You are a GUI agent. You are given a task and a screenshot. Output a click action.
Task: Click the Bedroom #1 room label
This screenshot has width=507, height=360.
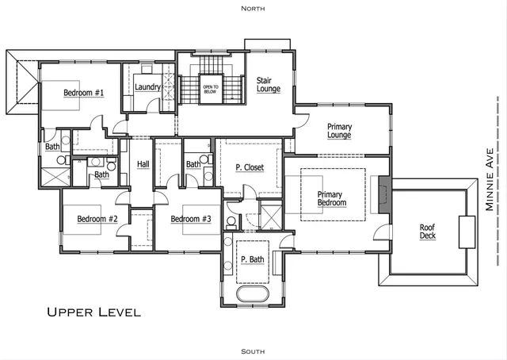pyautogui.click(x=83, y=92)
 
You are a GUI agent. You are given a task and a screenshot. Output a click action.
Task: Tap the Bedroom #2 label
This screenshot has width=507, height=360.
pyautogui.click(x=97, y=219)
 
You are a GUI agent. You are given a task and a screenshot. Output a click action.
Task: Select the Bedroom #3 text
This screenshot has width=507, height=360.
pyautogui.click(x=191, y=219)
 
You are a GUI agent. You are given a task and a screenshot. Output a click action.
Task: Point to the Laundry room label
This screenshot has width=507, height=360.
pyautogui.click(x=147, y=86)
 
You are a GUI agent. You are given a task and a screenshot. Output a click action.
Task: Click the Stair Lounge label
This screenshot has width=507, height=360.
pyautogui.click(x=269, y=84)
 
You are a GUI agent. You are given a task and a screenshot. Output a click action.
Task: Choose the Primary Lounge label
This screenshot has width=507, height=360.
pyautogui.click(x=339, y=131)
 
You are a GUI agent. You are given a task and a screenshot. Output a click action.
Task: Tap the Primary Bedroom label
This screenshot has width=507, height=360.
pyautogui.click(x=332, y=198)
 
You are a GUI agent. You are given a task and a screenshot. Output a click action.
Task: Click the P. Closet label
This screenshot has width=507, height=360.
pyautogui.click(x=250, y=167)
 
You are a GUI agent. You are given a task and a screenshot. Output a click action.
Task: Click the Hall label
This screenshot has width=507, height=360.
pyautogui.click(x=143, y=164)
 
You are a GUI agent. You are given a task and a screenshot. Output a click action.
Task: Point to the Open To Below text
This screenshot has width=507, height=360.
pyautogui.click(x=211, y=89)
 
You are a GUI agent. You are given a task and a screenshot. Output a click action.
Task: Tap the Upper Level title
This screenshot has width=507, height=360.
pyautogui.click(x=93, y=312)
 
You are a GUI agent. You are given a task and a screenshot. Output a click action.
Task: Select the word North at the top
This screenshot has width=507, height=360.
pyautogui.click(x=253, y=7)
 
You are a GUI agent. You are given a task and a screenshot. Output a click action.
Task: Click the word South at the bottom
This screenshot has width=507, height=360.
pyautogui.click(x=253, y=350)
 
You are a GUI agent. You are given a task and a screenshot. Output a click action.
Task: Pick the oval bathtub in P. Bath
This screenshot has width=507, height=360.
pyautogui.click(x=253, y=296)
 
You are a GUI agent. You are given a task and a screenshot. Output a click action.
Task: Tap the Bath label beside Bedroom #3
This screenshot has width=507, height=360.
pyautogui.click(x=193, y=164)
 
